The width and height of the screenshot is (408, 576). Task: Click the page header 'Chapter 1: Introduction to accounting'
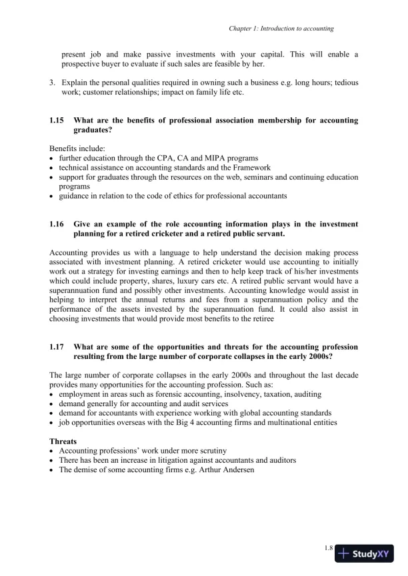coord(281,29)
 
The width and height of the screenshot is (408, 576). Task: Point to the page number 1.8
coord(329,548)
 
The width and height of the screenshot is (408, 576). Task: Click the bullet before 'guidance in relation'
coord(52,196)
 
